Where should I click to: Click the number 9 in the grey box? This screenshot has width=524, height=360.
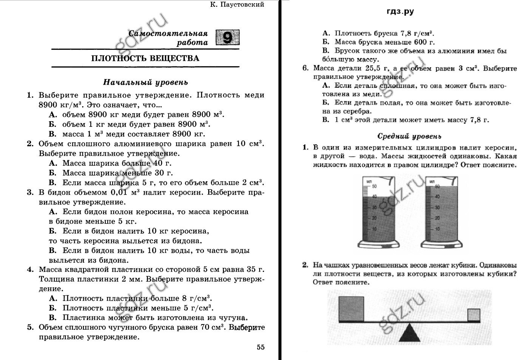(x=227, y=37)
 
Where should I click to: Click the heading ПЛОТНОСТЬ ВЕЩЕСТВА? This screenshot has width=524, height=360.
(x=145, y=58)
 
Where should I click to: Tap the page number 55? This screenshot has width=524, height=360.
(x=261, y=347)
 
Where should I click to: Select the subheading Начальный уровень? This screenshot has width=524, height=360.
(x=145, y=82)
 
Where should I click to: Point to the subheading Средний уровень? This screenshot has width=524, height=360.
(x=409, y=136)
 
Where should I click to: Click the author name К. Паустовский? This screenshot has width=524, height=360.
(x=237, y=5)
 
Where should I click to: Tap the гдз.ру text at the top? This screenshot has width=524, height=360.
(x=400, y=12)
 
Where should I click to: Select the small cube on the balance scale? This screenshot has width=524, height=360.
(x=474, y=315)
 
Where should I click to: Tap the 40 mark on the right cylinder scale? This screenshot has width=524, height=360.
(x=437, y=196)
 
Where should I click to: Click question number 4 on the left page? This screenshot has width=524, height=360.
(x=30, y=270)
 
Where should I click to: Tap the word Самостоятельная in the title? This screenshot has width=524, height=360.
(x=168, y=33)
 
